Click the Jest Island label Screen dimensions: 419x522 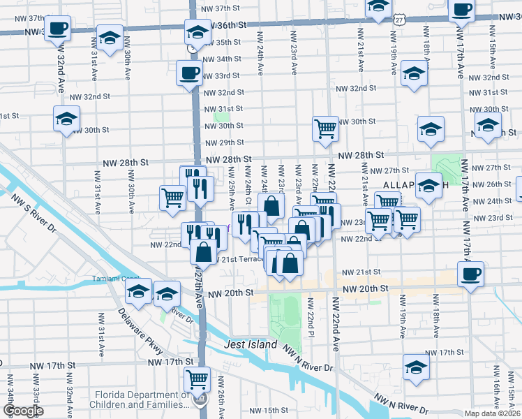click(x=251, y=345)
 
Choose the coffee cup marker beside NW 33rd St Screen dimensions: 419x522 click(x=189, y=72)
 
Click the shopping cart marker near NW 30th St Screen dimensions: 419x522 click(x=325, y=128)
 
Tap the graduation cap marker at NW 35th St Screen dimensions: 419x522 click(x=197, y=32)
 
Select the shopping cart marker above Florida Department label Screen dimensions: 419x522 click(x=197, y=379)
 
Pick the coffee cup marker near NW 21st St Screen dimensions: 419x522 click(x=471, y=272)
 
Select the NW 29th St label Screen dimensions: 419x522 click(x=223, y=142)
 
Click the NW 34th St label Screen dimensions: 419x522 click(x=223, y=59)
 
